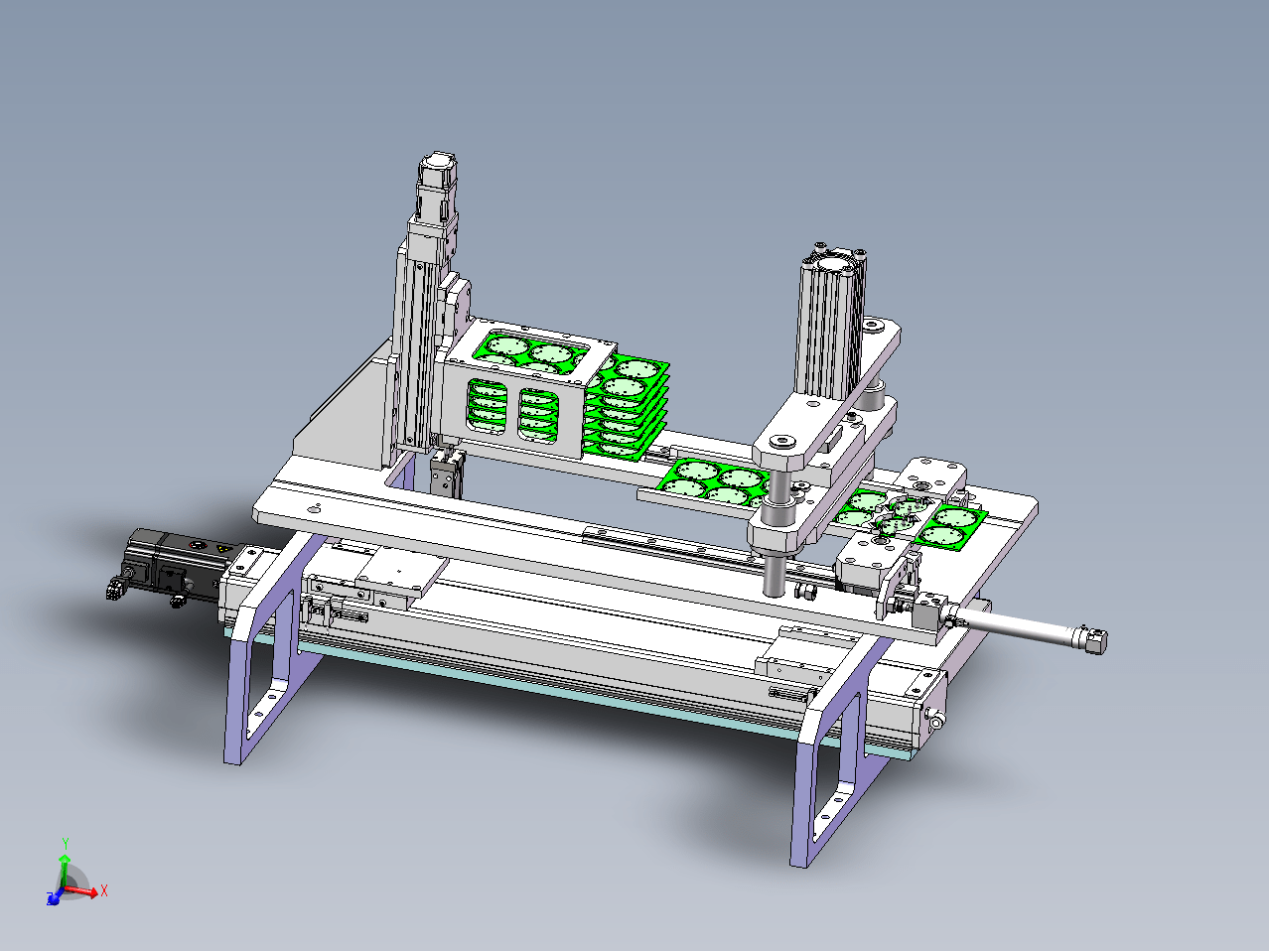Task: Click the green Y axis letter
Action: coord(66,844)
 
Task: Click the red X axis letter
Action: coord(104,890)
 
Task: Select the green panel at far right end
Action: coord(948,526)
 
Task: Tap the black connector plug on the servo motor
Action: coord(118,589)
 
